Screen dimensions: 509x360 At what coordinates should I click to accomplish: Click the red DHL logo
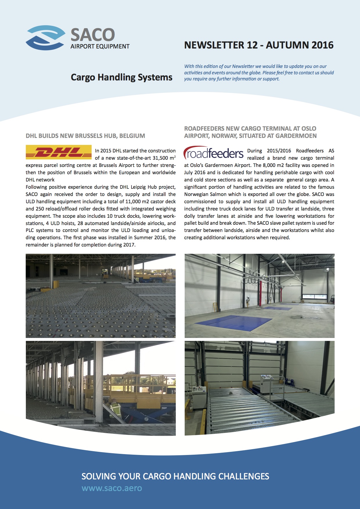59,152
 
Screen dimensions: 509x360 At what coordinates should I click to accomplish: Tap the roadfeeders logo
214,153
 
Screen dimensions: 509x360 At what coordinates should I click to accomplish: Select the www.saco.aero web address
112,488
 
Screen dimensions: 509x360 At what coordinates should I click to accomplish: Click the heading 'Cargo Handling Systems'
121,77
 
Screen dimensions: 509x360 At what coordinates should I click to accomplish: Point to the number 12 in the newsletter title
252,45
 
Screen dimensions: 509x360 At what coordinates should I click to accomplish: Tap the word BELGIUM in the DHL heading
132,136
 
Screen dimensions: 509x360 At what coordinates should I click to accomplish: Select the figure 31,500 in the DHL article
160,158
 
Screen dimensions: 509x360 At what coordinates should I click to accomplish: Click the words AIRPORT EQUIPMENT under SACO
100,46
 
